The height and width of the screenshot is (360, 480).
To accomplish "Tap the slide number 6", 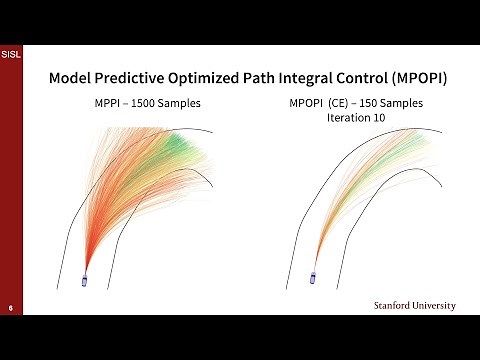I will pos(10,307).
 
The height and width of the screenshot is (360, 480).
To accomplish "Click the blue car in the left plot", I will pos(84,281).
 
